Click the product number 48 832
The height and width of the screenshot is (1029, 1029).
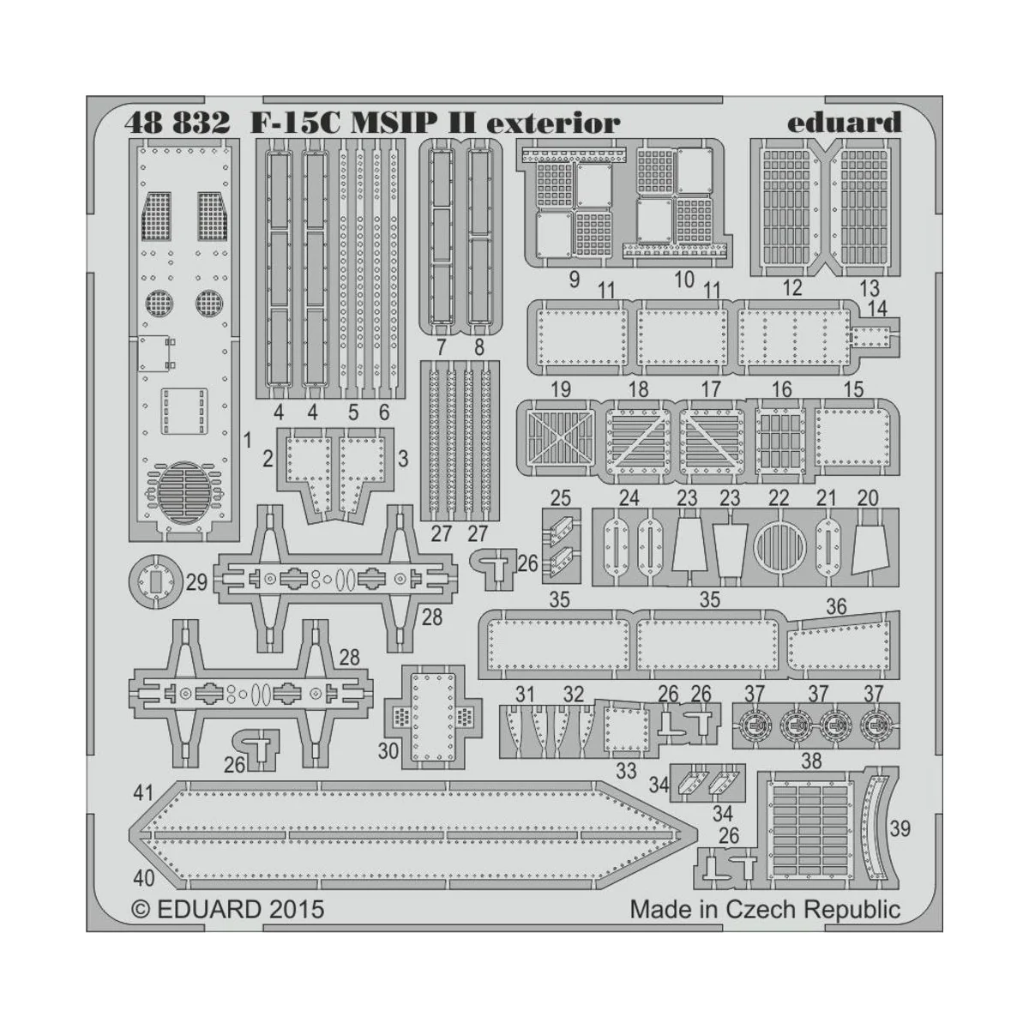(x=177, y=123)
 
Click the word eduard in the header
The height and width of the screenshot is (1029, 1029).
(x=845, y=122)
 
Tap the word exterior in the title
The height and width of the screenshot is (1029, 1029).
(x=552, y=123)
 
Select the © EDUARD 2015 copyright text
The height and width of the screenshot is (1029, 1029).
(x=228, y=909)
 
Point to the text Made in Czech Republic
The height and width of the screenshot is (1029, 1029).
(x=765, y=909)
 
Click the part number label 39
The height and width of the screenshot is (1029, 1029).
(x=900, y=829)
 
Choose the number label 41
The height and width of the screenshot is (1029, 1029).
(x=142, y=792)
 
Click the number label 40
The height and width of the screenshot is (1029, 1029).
(x=143, y=878)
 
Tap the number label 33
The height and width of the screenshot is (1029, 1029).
(x=627, y=771)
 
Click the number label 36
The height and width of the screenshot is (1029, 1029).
(x=835, y=607)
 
